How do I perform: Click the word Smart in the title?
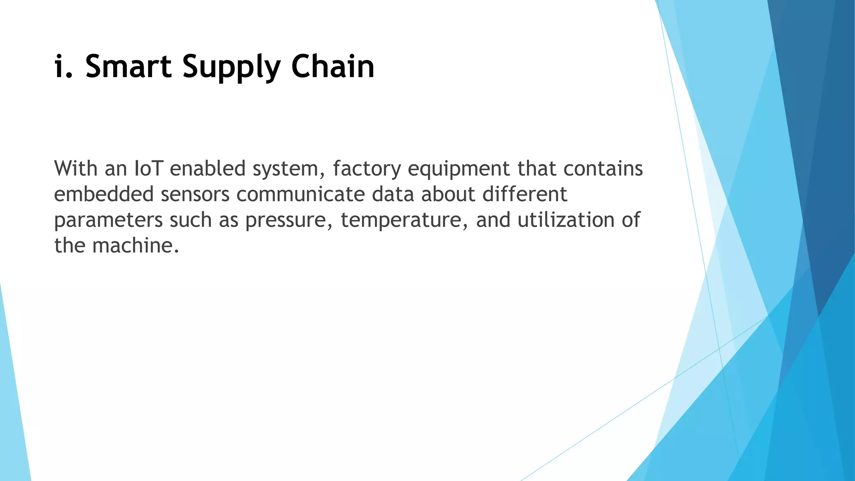pos(128,67)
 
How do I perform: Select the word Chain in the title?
pos(333,67)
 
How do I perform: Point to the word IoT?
pos(148,169)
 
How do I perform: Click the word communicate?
pos(301,195)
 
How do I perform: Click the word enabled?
pos(207,169)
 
